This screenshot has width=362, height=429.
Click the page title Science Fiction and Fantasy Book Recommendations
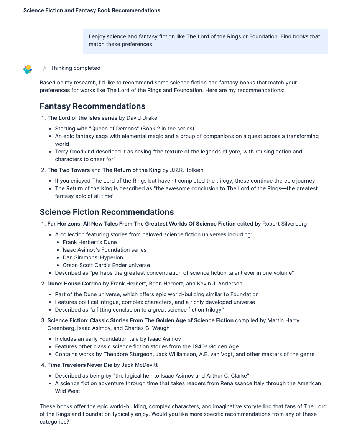pos(92,10)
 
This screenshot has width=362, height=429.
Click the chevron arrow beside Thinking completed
pos(44,68)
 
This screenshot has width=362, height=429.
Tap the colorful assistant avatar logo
pos(28,69)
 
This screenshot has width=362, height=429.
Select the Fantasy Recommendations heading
pos(92,106)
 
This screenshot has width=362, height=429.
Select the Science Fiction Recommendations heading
pos(107,212)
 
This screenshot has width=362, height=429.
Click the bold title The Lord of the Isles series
pos(82,118)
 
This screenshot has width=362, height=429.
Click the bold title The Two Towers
pos(69,170)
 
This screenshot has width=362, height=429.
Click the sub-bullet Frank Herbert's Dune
pos(90,242)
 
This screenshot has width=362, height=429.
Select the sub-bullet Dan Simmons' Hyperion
pos(93,257)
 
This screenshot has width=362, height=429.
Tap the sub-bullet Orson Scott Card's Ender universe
pos(106,265)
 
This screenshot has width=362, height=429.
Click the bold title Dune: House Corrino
pos(74,284)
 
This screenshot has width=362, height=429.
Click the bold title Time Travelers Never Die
pos(80,365)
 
